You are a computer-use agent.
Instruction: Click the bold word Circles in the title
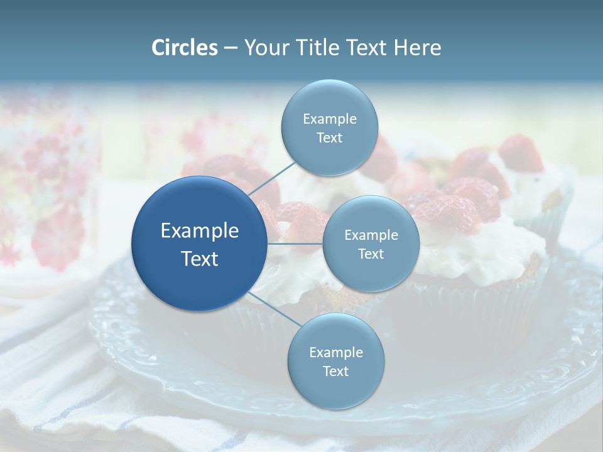pos(184,48)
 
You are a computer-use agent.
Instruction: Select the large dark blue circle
pos(200,244)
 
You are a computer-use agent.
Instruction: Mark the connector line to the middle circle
pos(295,244)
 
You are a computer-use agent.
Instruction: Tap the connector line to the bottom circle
pos(274,309)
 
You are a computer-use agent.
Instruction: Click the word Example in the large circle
pos(200,231)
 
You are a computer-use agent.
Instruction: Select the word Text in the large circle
pos(200,259)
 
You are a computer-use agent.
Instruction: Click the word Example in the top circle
pos(330,119)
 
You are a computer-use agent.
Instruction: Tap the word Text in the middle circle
pos(371,254)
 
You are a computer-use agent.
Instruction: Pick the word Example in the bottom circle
pos(336,353)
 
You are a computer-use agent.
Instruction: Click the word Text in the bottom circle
pos(336,372)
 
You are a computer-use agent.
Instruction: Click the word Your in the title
pos(264,48)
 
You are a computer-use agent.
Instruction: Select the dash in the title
pos(231,48)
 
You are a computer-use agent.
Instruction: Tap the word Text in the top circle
pos(330,138)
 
